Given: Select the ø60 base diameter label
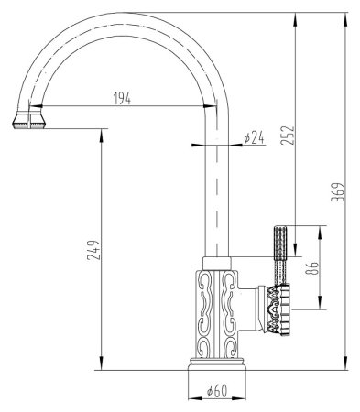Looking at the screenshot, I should pos(216,392).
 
